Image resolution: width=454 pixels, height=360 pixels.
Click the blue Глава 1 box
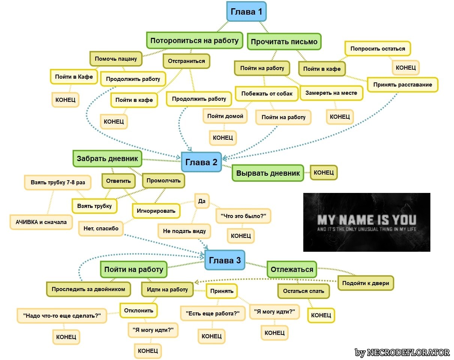coord(246,12)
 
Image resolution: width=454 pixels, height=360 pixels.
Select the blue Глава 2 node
coord(201,162)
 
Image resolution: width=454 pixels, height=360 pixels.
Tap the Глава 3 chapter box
coord(225,260)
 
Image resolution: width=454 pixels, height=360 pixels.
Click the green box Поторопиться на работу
coord(194,41)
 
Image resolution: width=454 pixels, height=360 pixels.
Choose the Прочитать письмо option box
coord(284,42)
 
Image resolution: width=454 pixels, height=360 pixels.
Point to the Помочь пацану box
coord(116,59)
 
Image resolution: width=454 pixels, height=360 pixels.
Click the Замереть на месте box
coord(331,93)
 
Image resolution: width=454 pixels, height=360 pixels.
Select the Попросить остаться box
coord(378,49)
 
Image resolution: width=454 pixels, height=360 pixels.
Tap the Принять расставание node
coord(402,85)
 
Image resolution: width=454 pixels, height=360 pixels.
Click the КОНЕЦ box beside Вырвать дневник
coord(324,172)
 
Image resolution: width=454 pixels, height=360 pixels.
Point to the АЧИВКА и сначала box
coord(41,222)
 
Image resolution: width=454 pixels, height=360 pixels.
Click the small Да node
coord(202,201)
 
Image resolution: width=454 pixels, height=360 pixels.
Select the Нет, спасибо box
coord(101,228)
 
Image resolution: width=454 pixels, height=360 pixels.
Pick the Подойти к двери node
coord(366,283)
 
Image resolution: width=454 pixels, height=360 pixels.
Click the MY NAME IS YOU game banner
coord(366,222)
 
